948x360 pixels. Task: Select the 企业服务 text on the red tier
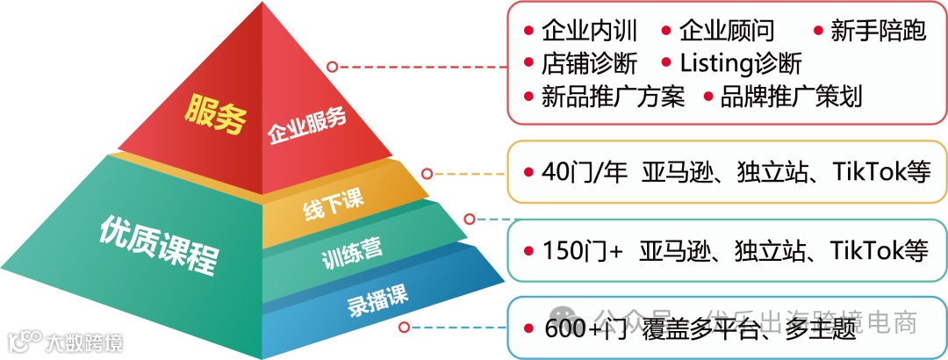click(306, 128)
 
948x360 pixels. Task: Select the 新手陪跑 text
click(879, 32)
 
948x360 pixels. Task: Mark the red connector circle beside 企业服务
click(333, 67)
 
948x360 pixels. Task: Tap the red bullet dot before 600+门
click(528, 329)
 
